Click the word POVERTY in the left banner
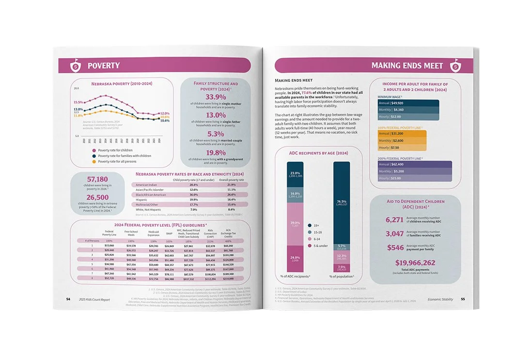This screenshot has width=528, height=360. [x=104, y=65]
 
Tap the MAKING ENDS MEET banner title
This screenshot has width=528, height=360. [x=407, y=65]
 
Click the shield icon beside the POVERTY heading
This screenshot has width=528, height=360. [x=76, y=65]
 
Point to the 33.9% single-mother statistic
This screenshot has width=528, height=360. [x=216, y=97]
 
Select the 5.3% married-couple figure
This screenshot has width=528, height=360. [x=216, y=134]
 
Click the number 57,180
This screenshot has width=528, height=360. [x=97, y=179]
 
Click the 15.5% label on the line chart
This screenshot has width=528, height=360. [x=78, y=102]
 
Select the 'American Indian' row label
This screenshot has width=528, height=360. [x=146, y=185]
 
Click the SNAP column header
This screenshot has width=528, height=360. [x=169, y=233]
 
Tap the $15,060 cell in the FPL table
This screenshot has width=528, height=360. [x=109, y=246]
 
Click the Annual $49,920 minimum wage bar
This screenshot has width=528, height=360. [x=408, y=103]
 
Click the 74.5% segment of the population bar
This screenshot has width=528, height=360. [x=342, y=203]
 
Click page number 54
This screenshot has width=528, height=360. [x=68, y=299]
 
